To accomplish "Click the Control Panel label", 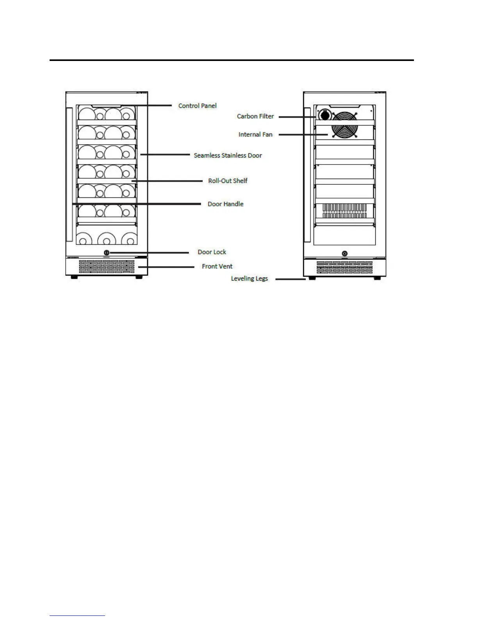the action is [x=197, y=106].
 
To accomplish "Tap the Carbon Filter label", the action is [x=255, y=116].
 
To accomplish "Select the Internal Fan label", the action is [x=255, y=134].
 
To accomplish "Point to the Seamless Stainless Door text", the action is [x=228, y=155].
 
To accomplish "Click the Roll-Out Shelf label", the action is [x=228, y=181].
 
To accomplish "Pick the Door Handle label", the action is [x=225, y=204].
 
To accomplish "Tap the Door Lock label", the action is [x=212, y=252].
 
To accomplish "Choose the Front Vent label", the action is [x=217, y=266].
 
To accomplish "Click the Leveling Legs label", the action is [x=249, y=279].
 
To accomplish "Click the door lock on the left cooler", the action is [x=107, y=252].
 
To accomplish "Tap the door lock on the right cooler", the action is [x=344, y=254].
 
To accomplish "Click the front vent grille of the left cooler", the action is [x=106, y=267].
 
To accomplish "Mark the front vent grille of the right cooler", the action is [x=344, y=267].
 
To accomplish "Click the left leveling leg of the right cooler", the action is [x=311, y=278].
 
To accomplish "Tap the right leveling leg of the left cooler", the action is [x=139, y=277].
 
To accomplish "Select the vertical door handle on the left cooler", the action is [x=70, y=174].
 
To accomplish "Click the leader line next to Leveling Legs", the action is [x=290, y=279].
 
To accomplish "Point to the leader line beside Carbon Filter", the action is [x=297, y=116].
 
